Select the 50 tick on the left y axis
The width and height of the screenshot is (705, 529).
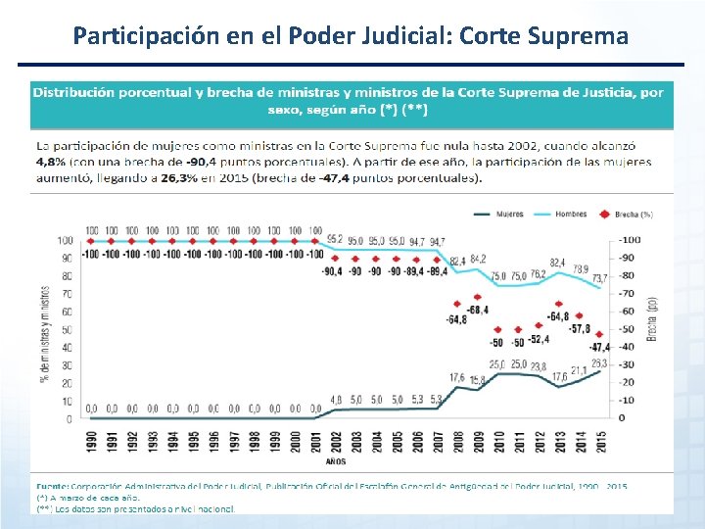66,330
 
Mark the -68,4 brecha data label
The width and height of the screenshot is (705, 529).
478,310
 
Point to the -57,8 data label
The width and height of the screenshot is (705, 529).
581,329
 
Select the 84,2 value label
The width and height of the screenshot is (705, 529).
478,259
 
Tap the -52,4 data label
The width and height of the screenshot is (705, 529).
540,339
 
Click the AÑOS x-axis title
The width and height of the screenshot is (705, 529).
337,460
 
